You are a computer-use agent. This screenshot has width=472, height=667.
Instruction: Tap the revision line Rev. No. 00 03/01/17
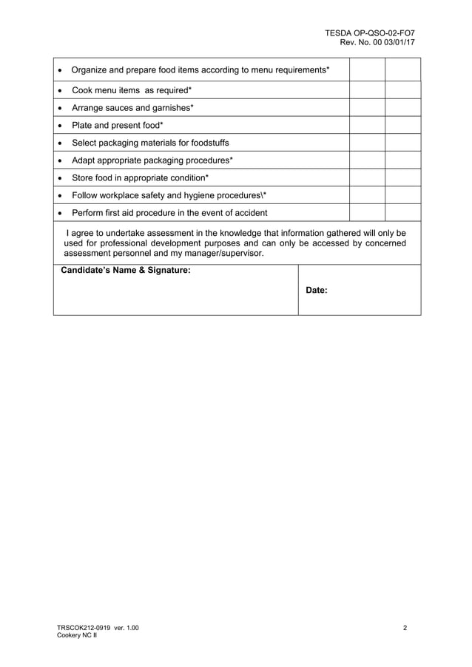tap(377, 43)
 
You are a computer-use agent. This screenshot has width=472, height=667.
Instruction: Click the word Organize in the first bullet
tap(90, 70)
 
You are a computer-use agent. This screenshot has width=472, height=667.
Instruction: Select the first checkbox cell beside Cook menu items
tap(367, 90)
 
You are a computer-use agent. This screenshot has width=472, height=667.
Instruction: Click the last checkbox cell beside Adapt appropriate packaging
tap(402, 160)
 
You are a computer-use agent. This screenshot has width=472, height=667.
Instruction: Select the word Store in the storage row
tap(83, 178)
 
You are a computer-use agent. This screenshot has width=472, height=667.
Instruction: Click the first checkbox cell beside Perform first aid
tap(367, 213)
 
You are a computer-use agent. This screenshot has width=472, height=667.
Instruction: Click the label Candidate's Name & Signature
tap(125, 271)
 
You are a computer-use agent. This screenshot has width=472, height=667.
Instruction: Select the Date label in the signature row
tap(317, 291)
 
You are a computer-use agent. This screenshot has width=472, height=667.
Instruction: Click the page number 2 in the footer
tap(405, 628)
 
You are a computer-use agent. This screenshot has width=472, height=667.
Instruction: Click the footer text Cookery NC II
tap(77, 635)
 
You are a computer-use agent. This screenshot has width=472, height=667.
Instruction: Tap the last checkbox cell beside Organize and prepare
tap(402, 70)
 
